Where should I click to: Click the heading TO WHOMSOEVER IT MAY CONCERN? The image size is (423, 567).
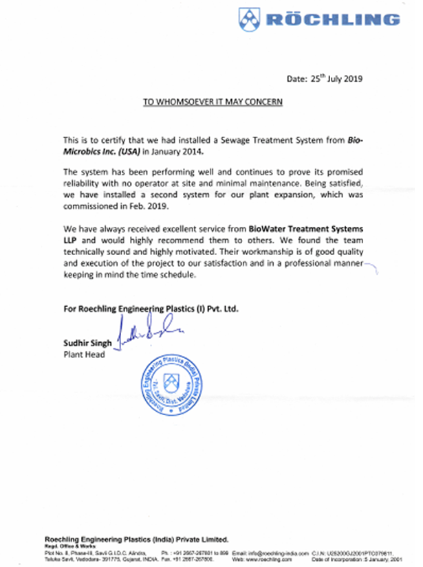click(213, 102)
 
